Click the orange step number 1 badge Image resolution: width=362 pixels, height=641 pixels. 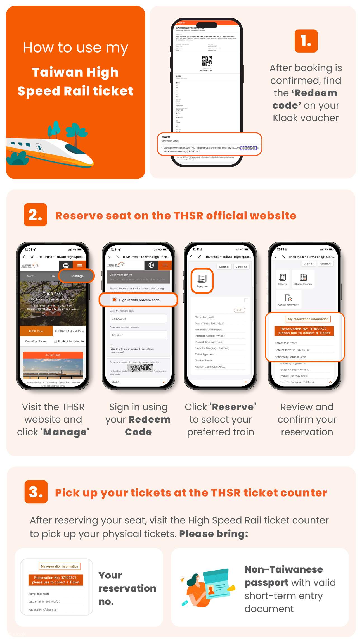click(306, 41)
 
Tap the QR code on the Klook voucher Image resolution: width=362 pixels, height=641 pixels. click(207, 61)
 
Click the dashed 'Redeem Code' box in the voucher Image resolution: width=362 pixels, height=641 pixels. click(249, 148)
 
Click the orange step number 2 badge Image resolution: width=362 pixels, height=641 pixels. click(35, 215)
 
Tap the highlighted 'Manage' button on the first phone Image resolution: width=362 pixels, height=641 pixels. click(77, 276)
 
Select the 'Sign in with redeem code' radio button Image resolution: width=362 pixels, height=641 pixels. click(114, 300)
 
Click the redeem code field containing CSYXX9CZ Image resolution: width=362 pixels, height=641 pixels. click(138, 318)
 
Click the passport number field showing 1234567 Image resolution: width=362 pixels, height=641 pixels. click(138, 335)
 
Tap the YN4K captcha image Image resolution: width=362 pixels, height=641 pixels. click(141, 368)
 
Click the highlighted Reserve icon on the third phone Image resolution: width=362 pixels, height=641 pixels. click(202, 280)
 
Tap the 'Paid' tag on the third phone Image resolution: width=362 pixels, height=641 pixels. click(239, 310)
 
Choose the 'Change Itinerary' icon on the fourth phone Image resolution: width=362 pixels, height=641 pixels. click(303, 279)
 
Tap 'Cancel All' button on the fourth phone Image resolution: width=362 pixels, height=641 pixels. click(325, 264)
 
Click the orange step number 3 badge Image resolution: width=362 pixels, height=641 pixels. click(36, 492)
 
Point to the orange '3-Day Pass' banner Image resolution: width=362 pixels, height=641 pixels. click(53, 355)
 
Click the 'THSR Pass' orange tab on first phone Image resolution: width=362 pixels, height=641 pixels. click(36, 331)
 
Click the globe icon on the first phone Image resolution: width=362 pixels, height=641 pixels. click(66, 265)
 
